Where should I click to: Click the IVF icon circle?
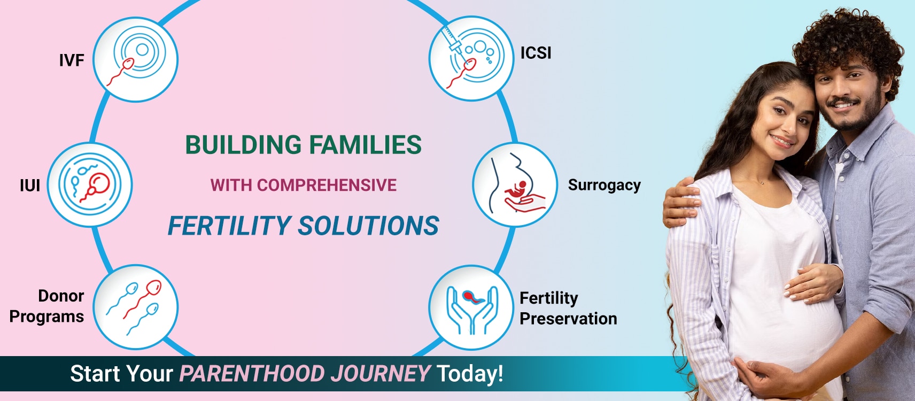(x=135, y=59)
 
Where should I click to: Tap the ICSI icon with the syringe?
(x=471, y=58)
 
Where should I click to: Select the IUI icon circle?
(x=90, y=184)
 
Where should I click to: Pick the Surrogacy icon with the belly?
(x=515, y=184)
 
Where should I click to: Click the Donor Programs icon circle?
(x=135, y=306)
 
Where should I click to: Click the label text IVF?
(x=72, y=60)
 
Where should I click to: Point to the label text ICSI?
(x=536, y=53)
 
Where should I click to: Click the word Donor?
(x=61, y=296)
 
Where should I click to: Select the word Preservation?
(x=568, y=319)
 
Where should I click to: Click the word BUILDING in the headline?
(x=244, y=145)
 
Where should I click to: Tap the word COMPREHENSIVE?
(x=327, y=185)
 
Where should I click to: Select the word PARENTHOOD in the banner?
(x=252, y=373)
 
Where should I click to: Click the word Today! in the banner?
(x=470, y=374)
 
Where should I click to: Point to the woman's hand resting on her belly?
(x=813, y=283)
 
